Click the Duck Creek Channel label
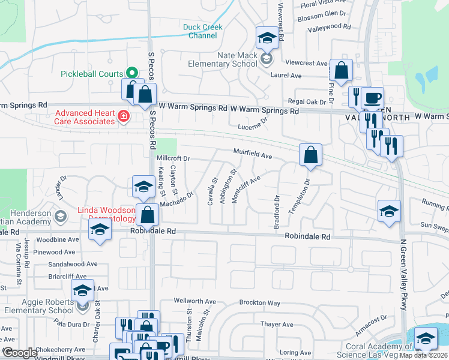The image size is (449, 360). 202,31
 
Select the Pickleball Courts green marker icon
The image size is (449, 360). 131,73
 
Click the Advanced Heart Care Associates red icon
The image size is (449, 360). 124,116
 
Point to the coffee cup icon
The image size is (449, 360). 372,98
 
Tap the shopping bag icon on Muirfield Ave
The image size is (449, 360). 311,155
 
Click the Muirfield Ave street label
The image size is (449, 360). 253,154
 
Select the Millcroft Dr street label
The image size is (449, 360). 173,158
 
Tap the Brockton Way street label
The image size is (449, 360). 260,303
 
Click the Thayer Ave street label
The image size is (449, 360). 276,324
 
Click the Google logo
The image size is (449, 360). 20,353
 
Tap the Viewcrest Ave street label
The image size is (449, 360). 306,63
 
